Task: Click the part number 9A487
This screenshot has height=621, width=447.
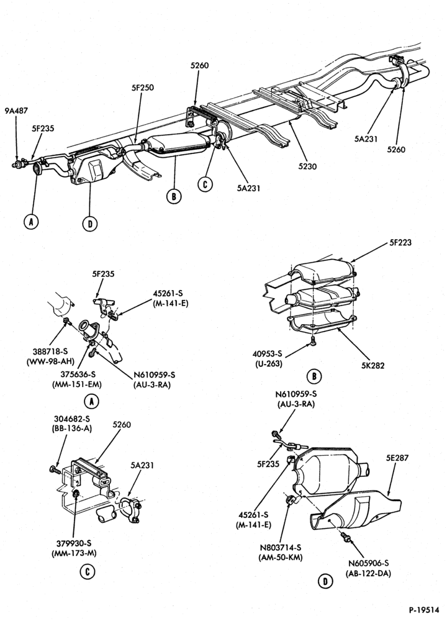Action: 16,111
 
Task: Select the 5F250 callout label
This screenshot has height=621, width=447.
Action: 143,88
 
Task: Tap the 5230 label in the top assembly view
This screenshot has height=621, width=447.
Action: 308,166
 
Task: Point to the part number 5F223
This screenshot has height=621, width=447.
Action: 400,242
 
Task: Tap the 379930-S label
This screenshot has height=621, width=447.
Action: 74,544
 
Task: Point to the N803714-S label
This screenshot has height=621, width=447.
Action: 281,548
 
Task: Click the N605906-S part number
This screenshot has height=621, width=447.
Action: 368,563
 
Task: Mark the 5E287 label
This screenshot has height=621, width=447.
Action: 397,458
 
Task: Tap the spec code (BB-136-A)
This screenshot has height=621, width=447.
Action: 71,428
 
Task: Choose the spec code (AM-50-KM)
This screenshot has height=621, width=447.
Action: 281,558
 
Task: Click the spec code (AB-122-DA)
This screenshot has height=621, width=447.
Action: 368,573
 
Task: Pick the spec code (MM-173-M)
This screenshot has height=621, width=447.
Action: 74,554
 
